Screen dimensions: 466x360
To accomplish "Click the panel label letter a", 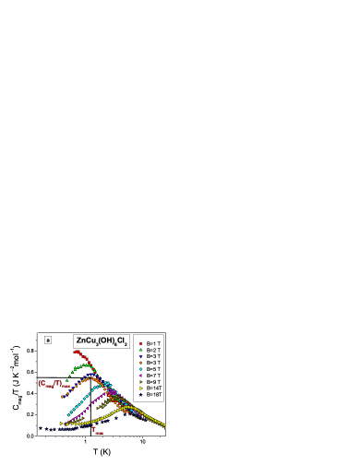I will pyautogui.click(x=48, y=340).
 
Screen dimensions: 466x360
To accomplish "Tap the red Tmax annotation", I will pyautogui.click(x=98, y=430).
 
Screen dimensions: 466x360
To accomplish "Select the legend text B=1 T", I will pyautogui.click(x=153, y=343).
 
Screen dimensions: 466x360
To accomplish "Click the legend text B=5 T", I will pyautogui.click(x=153, y=369).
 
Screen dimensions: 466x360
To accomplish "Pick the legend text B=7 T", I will pyautogui.click(x=153, y=376).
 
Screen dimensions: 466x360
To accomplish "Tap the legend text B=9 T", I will pyautogui.click(x=153, y=382).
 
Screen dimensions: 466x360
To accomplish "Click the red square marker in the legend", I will pyautogui.click(x=140, y=343).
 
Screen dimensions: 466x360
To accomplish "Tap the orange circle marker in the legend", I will pyautogui.click(x=140, y=363).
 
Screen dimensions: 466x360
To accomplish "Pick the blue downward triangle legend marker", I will pyautogui.click(x=140, y=356).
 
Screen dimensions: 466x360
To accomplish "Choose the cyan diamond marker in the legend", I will pyautogui.click(x=140, y=369).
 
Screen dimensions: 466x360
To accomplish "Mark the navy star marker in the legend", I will pyautogui.click(x=140, y=395).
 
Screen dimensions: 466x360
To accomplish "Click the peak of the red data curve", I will pyautogui.click(x=78, y=351).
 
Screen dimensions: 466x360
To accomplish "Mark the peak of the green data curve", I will pyautogui.click(x=85, y=365).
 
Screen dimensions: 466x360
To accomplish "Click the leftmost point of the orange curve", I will pyautogui.click(x=63, y=396).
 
